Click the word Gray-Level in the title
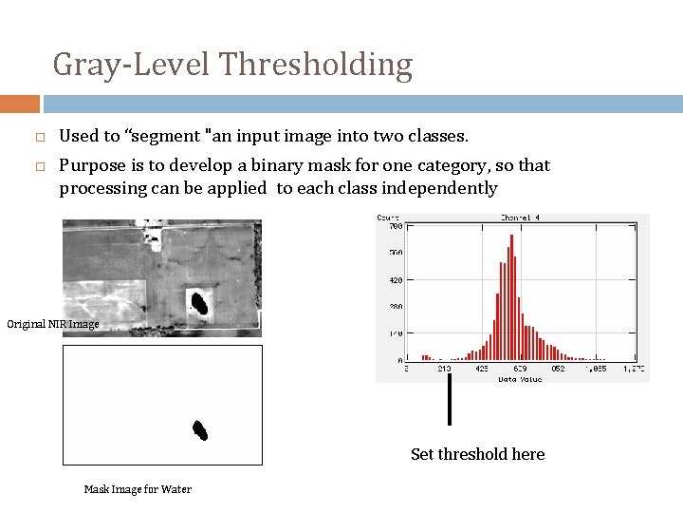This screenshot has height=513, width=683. (x=132, y=65)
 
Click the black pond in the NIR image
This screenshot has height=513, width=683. (x=200, y=303)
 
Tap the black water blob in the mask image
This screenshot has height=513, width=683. (x=200, y=430)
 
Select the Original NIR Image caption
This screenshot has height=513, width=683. (x=52, y=324)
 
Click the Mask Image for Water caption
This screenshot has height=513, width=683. (x=138, y=489)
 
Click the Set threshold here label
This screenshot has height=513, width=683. (x=477, y=454)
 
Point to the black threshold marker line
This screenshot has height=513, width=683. (x=449, y=399)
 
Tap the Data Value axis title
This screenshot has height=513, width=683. (x=520, y=379)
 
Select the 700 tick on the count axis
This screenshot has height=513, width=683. (x=393, y=227)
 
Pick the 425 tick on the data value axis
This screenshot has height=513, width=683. (x=482, y=370)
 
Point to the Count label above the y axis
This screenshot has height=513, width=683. (x=390, y=218)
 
